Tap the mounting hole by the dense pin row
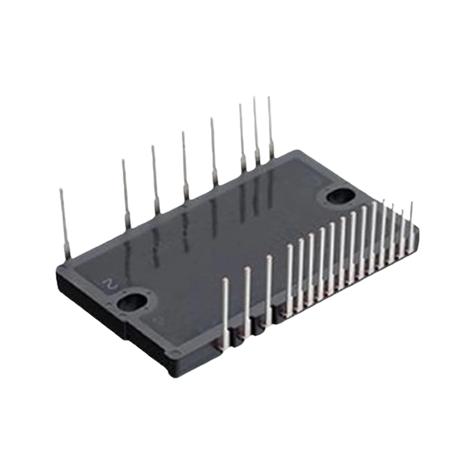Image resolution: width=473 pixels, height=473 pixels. (340, 197)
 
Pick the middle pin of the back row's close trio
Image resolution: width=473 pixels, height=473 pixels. (256, 131)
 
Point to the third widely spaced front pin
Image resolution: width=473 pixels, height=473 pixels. (269, 291)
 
